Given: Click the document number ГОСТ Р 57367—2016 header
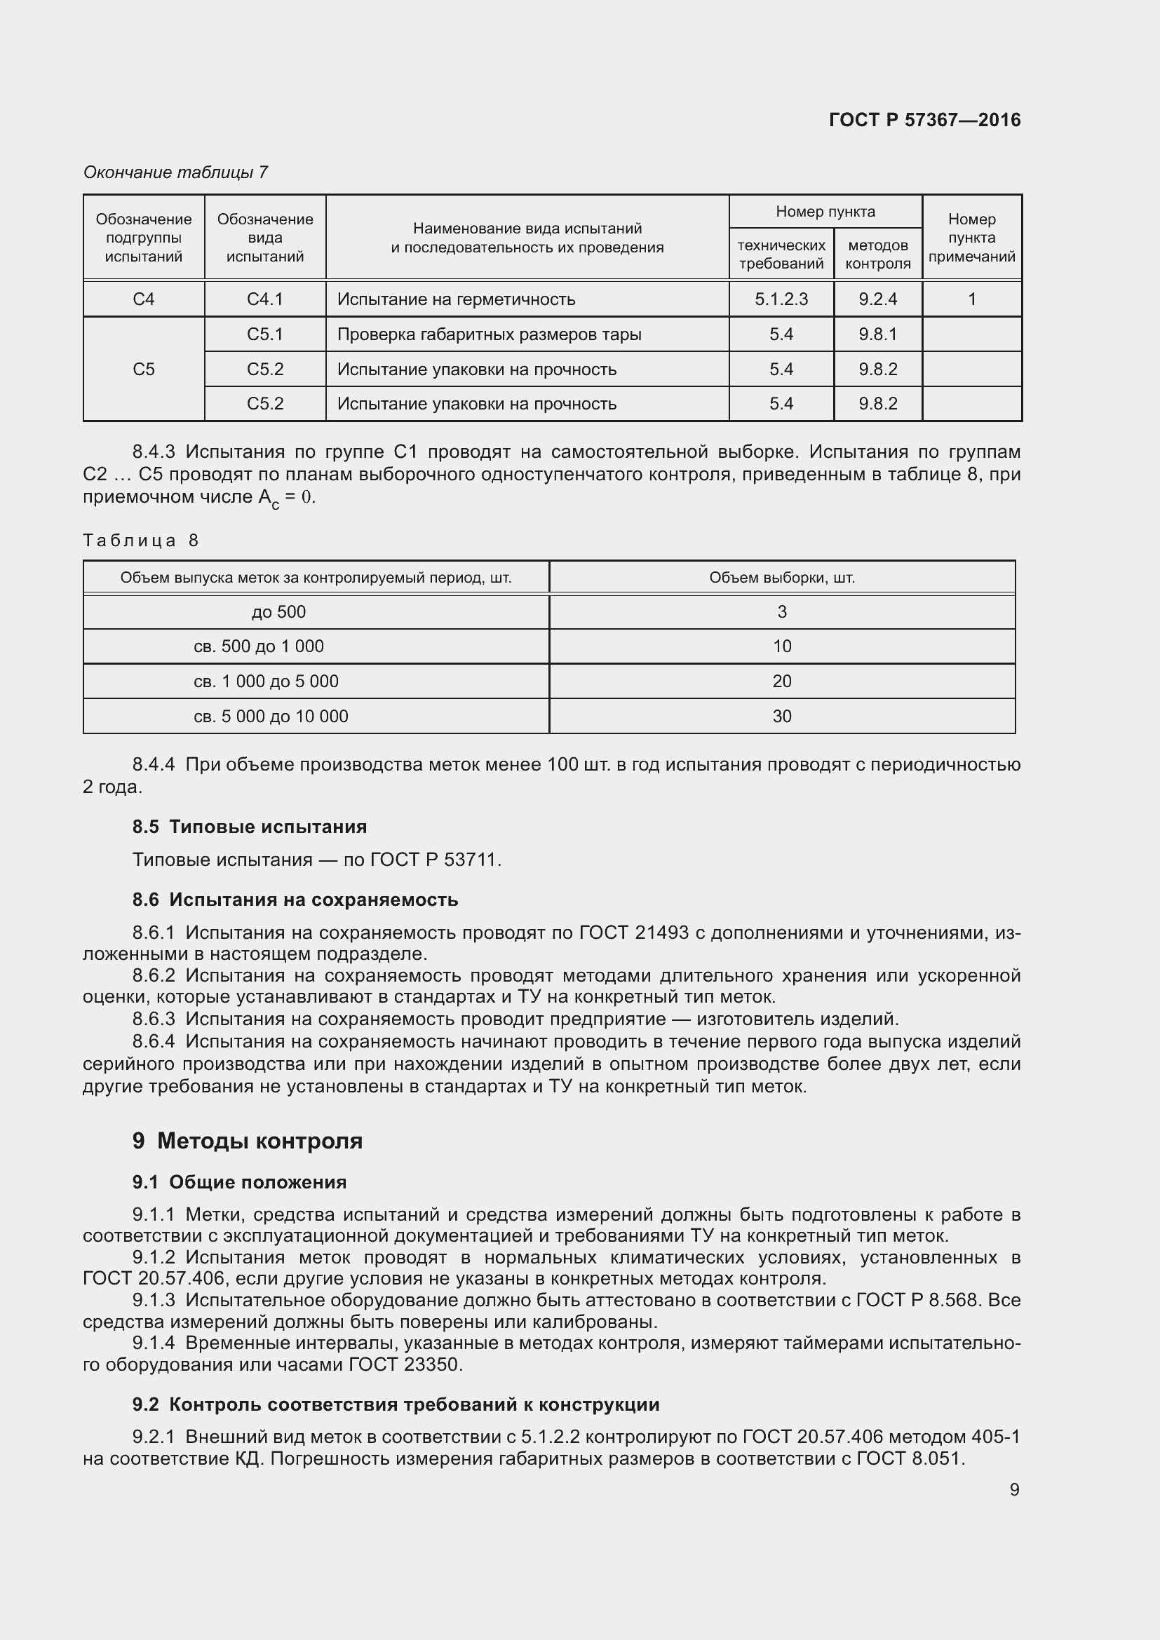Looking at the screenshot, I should [x=924, y=120].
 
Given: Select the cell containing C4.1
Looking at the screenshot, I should [x=265, y=299].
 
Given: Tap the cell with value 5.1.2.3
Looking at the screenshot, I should [x=781, y=299].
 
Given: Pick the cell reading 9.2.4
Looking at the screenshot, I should [x=877, y=299].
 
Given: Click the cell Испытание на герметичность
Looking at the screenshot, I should [x=456, y=299].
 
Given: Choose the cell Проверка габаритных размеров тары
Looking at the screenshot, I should [x=489, y=334].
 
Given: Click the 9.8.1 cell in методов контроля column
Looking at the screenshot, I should [x=877, y=334].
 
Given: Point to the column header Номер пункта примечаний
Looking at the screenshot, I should [x=971, y=238].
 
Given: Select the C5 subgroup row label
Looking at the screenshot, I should [x=144, y=370].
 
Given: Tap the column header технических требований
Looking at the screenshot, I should [x=781, y=255].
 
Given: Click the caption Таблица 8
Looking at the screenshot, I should [x=141, y=541].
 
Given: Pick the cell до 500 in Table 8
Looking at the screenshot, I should [x=278, y=612].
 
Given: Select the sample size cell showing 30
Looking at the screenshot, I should [x=781, y=717].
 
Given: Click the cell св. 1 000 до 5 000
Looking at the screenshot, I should [x=266, y=682].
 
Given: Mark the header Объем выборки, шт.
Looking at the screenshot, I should [x=781, y=578].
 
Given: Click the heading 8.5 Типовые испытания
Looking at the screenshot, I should [x=249, y=827].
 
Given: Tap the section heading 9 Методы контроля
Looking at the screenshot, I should [x=247, y=1141].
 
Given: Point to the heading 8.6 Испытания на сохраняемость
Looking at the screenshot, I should [x=295, y=900].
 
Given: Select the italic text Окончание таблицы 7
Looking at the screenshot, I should [x=175, y=172].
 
